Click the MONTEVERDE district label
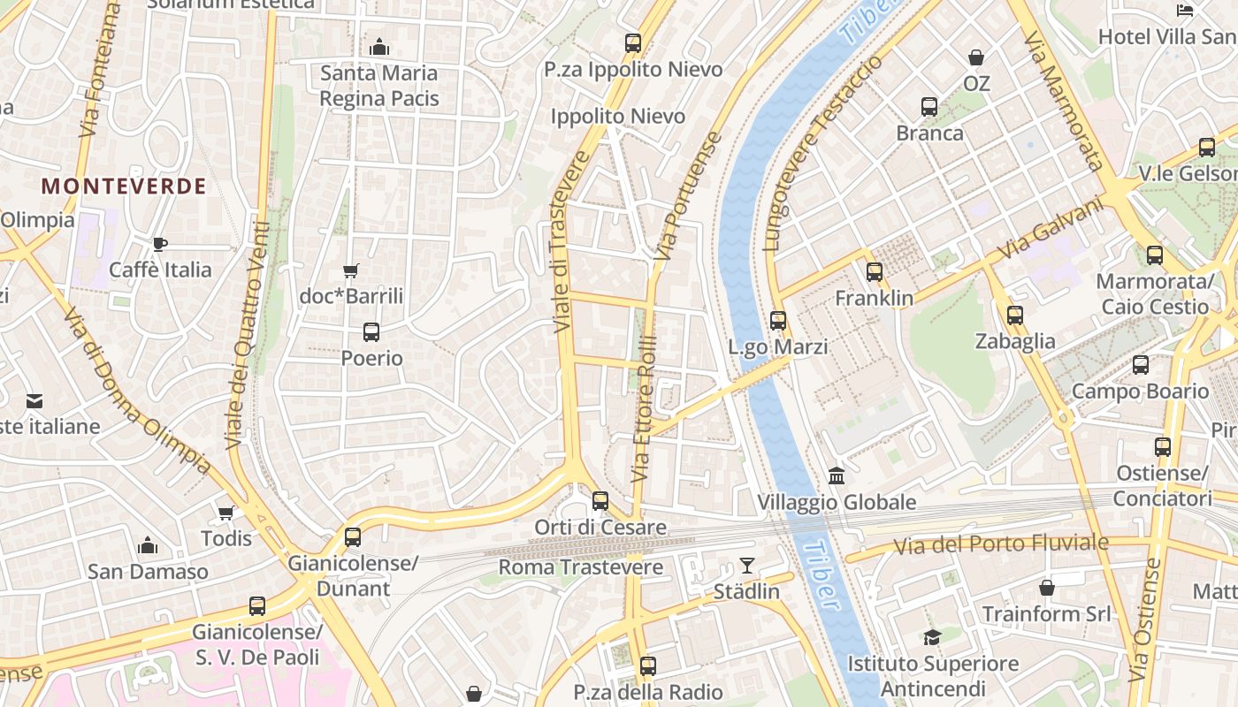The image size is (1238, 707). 124,186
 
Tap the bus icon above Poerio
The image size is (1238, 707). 371,332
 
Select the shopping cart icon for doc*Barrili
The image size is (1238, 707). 351,270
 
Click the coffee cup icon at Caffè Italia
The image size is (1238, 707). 160,244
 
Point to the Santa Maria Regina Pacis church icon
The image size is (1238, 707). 379,47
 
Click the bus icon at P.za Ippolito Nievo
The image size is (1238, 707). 633,42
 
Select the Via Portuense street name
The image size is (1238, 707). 688,196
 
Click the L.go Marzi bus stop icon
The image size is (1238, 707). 778,321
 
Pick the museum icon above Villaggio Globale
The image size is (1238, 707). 837,477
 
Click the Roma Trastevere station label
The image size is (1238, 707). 581,567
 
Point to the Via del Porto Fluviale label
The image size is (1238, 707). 1000,544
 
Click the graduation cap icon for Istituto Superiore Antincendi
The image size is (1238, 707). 932,637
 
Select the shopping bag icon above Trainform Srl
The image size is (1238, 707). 1046,588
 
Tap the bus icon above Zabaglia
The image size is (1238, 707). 1015,315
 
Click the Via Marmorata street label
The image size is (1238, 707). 1063,101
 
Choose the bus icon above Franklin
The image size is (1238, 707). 875,272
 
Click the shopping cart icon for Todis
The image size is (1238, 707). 226,513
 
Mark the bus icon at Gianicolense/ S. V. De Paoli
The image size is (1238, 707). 257,606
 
